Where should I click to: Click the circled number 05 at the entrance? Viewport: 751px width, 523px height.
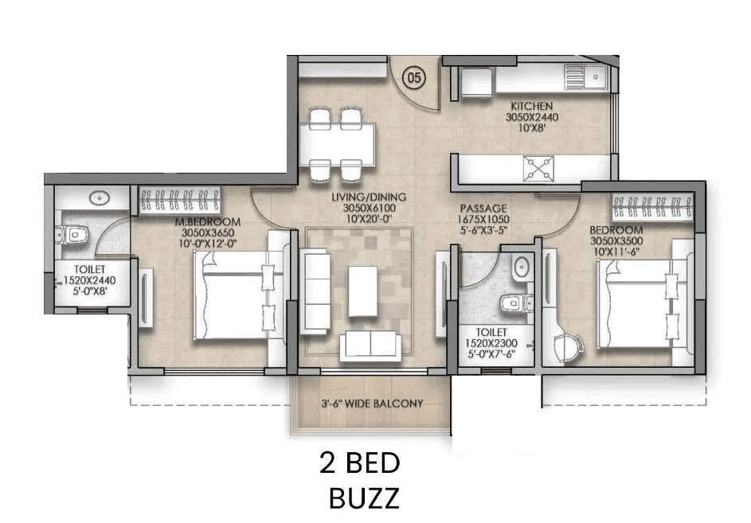[x=414, y=77]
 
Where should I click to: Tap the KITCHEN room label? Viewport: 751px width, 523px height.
[x=532, y=106]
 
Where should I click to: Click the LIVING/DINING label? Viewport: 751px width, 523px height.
[x=369, y=197]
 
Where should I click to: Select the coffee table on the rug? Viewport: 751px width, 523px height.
[x=362, y=290]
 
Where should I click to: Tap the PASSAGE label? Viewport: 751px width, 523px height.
[x=483, y=209]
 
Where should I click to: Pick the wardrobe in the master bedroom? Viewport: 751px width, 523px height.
[x=181, y=200]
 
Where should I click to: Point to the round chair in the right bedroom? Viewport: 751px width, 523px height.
[x=570, y=345]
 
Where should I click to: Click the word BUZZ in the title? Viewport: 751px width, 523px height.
[x=363, y=498]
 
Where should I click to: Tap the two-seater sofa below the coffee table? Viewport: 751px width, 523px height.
[x=370, y=345]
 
